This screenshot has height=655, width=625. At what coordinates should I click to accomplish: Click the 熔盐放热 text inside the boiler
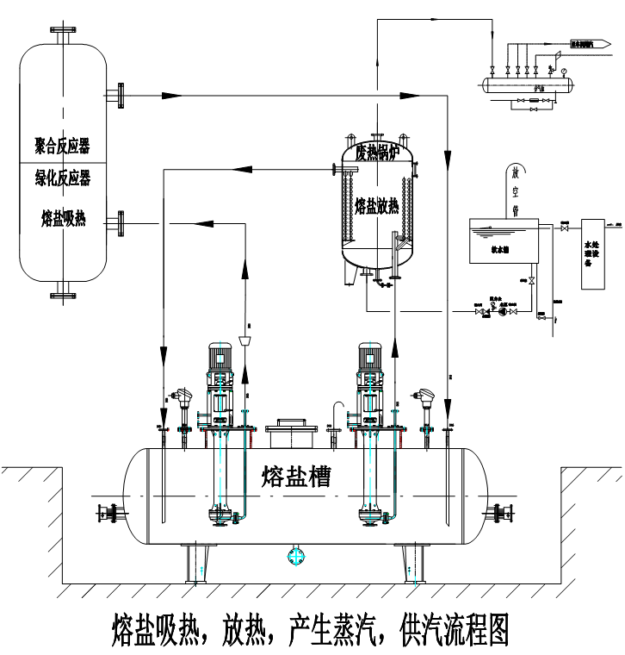(x=377, y=206)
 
